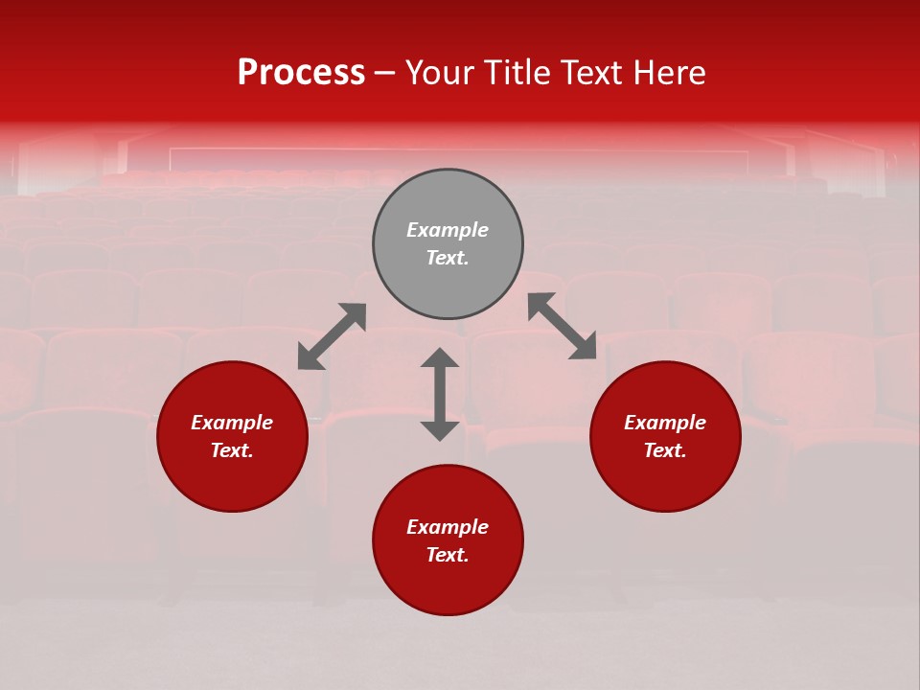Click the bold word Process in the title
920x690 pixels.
(301, 73)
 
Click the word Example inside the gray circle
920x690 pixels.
(448, 230)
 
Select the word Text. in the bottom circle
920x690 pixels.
(448, 555)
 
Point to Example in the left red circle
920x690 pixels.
(232, 423)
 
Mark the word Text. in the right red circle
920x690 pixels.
(665, 450)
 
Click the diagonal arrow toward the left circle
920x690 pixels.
(332, 336)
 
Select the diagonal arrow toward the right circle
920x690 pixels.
(562, 326)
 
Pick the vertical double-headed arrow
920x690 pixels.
(440, 394)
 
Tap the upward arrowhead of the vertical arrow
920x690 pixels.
(440, 357)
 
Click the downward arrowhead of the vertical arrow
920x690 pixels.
(440, 430)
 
